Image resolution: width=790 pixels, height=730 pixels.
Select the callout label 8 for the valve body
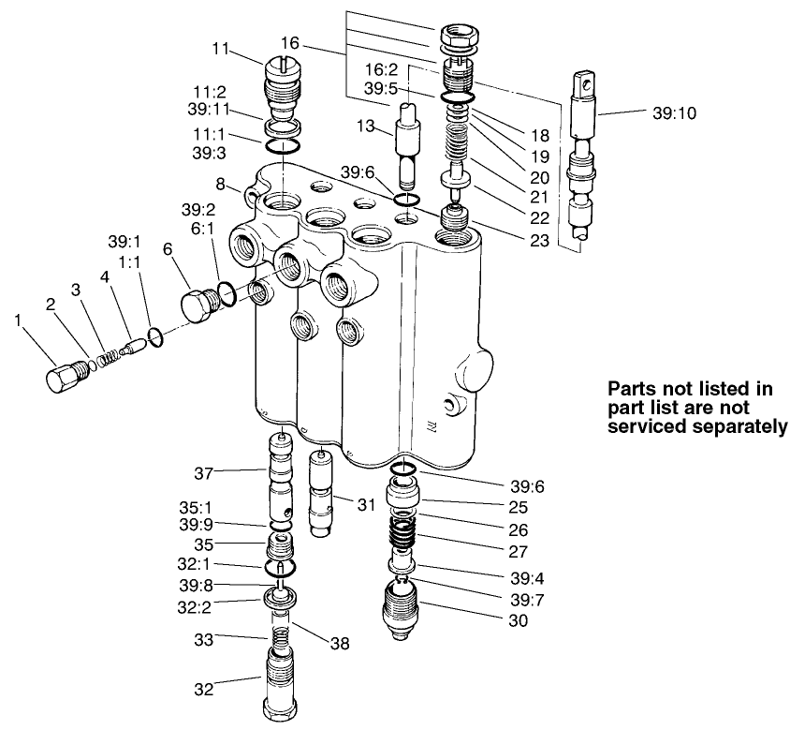coord(221,185)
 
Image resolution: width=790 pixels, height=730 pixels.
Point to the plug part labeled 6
coord(197,305)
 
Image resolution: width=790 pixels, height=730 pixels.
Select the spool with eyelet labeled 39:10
coord(580,159)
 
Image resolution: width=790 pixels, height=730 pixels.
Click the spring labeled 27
coord(402,536)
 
